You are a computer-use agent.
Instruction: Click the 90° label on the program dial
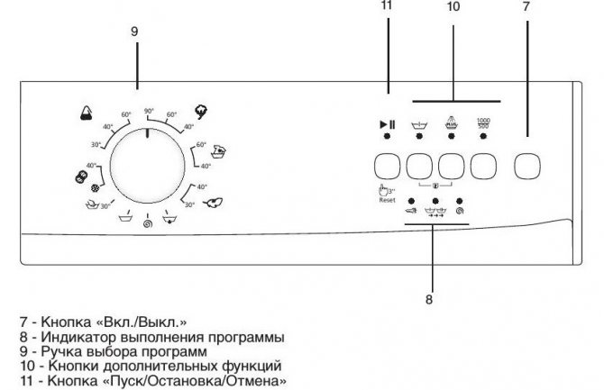point(149,111)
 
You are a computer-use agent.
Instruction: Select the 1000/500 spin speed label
point(483,123)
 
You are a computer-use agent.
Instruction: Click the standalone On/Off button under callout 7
point(527,166)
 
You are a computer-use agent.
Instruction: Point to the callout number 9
point(134,32)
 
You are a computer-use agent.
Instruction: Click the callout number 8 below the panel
point(429,299)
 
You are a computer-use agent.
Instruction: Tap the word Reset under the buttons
point(387,200)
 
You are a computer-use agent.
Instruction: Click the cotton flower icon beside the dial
point(201,112)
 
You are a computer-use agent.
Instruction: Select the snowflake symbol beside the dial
point(95,188)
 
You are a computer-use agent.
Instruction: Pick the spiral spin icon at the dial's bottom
point(147,223)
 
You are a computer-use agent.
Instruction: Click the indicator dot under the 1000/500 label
point(483,136)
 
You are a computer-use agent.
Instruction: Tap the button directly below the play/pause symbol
point(387,166)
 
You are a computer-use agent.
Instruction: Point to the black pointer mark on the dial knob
point(147,133)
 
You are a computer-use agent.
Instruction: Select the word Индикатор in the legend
point(78,337)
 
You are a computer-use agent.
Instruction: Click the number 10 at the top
point(453,6)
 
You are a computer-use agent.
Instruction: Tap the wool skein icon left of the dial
point(81,177)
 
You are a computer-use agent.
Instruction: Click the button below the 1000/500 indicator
point(483,166)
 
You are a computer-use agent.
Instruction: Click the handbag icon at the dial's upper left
point(87,113)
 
